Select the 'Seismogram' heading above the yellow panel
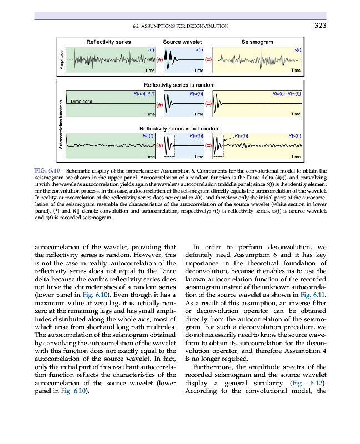[x=257, y=42]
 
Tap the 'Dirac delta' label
[x=82, y=101]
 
